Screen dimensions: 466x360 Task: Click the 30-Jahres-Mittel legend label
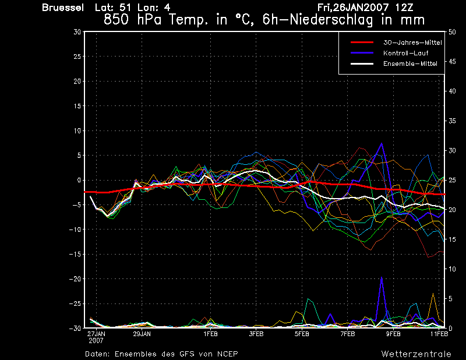click(x=412, y=43)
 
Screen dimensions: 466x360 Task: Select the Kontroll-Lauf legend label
click(x=405, y=53)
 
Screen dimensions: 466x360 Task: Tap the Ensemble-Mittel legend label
click(x=410, y=63)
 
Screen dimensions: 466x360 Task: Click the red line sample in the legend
click(x=362, y=42)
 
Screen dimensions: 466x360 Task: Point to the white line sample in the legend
click(x=362, y=63)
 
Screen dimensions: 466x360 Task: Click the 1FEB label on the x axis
click(x=210, y=334)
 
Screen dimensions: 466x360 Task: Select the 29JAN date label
click(x=142, y=334)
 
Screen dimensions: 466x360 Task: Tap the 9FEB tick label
click(x=393, y=334)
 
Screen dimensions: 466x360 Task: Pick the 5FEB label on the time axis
click(x=302, y=334)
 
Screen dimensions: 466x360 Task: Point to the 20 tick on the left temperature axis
click(x=77, y=81)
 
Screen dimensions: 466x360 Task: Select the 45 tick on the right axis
click(x=452, y=62)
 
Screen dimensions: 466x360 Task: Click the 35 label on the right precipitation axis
click(x=452, y=121)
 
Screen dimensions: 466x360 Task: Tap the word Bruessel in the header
click(x=63, y=8)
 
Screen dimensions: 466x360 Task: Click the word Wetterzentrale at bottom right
click(x=416, y=354)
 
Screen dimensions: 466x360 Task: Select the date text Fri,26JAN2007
click(x=354, y=8)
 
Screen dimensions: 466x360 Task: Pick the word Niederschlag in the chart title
click(x=331, y=20)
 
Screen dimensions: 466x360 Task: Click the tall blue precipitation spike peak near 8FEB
click(x=382, y=277)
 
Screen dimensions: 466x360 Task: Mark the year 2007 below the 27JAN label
click(x=96, y=341)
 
